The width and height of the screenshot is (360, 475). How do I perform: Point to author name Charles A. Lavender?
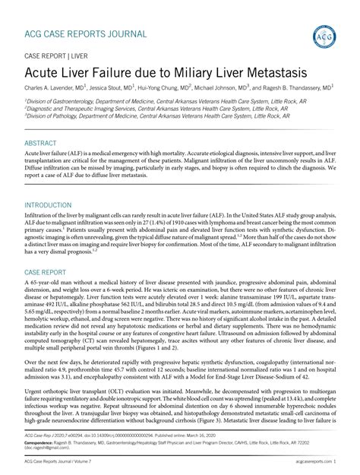point(52,89)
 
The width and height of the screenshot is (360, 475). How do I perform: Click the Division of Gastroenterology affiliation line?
point(156,101)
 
